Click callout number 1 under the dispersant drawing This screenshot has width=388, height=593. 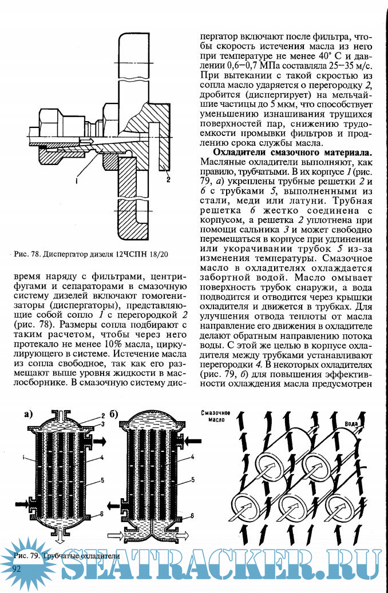(76, 179)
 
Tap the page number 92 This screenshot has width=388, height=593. (17, 568)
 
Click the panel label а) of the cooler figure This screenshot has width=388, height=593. (30, 415)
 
